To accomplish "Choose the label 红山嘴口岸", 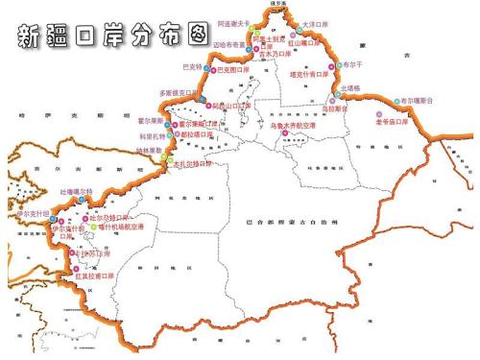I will coord(305,43).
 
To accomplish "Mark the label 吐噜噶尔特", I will coord(77,193).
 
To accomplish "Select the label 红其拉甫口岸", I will coord(94,276).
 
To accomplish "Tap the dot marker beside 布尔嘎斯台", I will coord(396,100).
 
